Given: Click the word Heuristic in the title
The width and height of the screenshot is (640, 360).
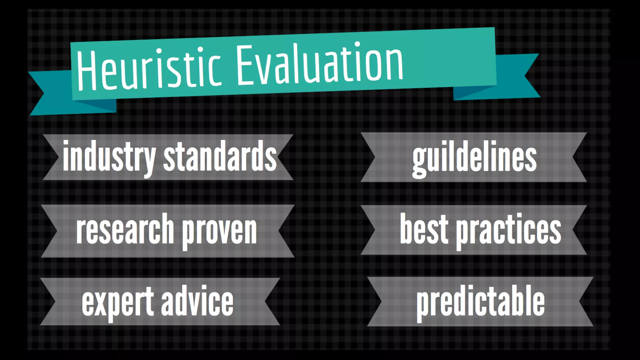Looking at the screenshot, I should [149, 69].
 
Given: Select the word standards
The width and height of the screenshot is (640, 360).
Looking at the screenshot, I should [220, 156].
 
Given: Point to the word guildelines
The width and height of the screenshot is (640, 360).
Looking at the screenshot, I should [474, 158].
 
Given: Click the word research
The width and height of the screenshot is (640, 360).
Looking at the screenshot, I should [125, 230].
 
